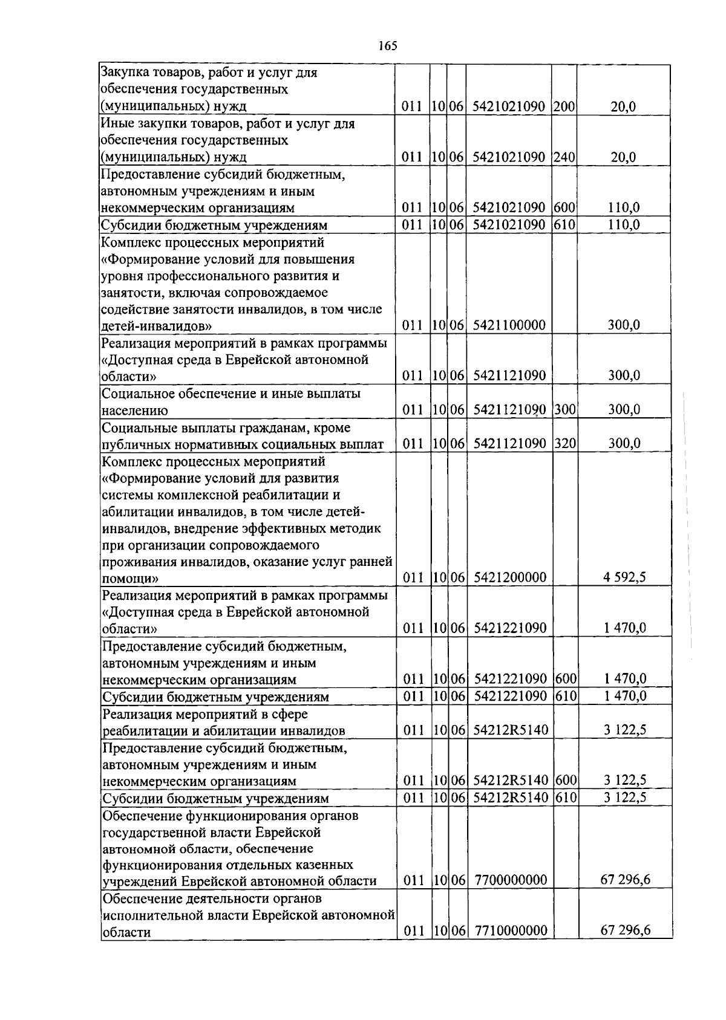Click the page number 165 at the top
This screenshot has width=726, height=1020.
pyautogui.click(x=387, y=46)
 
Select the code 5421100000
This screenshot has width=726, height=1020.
pyautogui.click(x=509, y=325)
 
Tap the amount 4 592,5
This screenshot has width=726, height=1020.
pyautogui.click(x=624, y=577)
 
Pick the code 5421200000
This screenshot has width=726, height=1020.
pyautogui.click(x=509, y=577)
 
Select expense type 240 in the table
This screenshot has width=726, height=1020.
pyautogui.click(x=564, y=157)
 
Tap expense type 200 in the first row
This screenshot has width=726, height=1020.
pyautogui.click(x=564, y=107)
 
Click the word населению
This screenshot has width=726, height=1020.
pyautogui.click(x=134, y=411)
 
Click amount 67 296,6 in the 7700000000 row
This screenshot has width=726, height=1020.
pyautogui.click(x=625, y=879)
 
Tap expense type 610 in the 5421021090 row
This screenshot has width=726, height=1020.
pyautogui.click(x=564, y=225)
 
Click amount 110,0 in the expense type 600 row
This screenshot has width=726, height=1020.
pyautogui.click(x=624, y=208)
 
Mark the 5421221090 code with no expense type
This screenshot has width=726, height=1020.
pyautogui.click(x=510, y=628)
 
